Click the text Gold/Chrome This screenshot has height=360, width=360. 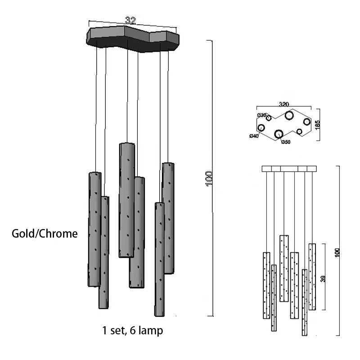tap(45, 234)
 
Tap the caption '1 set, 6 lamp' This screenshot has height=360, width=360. tap(132, 331)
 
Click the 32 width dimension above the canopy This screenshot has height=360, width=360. tap(130, 21)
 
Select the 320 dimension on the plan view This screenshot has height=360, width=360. tap(284, 104)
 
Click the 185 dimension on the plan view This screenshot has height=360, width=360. tap(318, 125)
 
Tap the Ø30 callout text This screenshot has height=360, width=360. tap(261, 115)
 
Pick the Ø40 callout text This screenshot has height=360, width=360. tap(254, 136)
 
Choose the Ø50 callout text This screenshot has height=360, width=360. tap(286, 142)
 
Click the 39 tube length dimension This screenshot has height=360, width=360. tap(322, 279)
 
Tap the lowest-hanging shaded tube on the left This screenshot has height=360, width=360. tap(104, 252)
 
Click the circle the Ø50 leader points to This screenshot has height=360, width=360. tap(279, 134)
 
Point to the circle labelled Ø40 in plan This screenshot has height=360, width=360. tap(261, 128)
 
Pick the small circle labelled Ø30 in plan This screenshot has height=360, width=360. tap(269, 118)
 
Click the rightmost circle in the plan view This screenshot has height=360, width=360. tap(307, 121)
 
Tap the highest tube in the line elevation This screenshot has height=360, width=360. tap(284, 268)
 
